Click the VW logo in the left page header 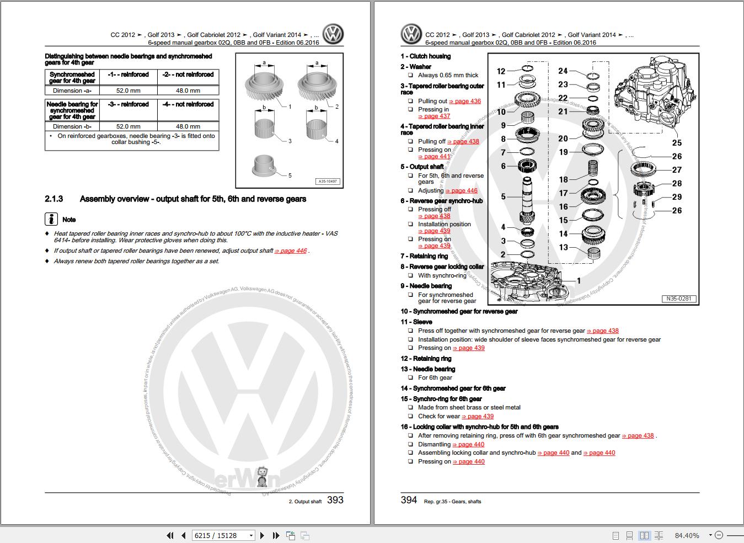point(333,34)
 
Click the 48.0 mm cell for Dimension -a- point(188,91)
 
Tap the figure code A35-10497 point(328,181)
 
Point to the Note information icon point(51,219)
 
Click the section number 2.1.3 point(54,199)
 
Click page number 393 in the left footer point(335,500)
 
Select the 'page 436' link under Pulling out point(465,101)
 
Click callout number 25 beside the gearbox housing point(677,143)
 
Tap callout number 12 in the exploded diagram point(501,71)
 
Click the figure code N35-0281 point(679,299)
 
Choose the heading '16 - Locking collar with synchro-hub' point(479,427)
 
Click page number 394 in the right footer point(409,500)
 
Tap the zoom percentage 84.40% point(687,535)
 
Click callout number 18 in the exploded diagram point(563,179)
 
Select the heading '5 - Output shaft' point(422,167)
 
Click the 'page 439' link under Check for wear point(478,416)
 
